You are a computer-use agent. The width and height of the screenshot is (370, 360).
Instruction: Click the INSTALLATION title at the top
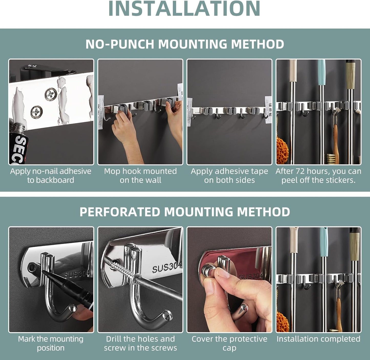[184, 9]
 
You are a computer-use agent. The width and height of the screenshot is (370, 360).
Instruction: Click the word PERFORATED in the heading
[120, 212]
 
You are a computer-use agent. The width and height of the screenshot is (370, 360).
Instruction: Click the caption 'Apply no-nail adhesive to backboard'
[51, 176]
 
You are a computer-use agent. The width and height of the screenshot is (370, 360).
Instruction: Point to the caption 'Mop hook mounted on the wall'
[140, 176]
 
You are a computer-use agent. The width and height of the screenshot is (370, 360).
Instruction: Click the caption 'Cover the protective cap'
[229, 343]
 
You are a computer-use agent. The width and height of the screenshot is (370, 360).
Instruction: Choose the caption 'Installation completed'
[318, 339]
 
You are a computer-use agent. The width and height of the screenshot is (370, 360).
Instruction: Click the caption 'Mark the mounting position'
[51, 343]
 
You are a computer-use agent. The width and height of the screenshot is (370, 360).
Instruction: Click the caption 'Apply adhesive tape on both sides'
[229, 176]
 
